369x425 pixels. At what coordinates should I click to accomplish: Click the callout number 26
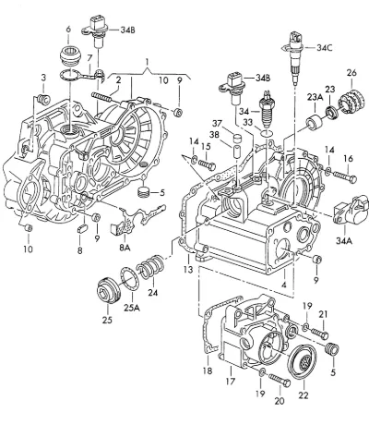351,73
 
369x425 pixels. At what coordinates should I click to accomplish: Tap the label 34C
324,48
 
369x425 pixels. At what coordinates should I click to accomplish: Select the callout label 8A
125,247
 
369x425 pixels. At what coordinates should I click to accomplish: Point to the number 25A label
132,308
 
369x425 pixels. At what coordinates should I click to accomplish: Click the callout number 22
304,395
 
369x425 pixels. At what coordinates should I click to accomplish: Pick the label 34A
344,240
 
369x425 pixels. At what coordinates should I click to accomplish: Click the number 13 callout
188,270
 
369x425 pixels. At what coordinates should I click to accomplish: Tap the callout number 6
68,30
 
